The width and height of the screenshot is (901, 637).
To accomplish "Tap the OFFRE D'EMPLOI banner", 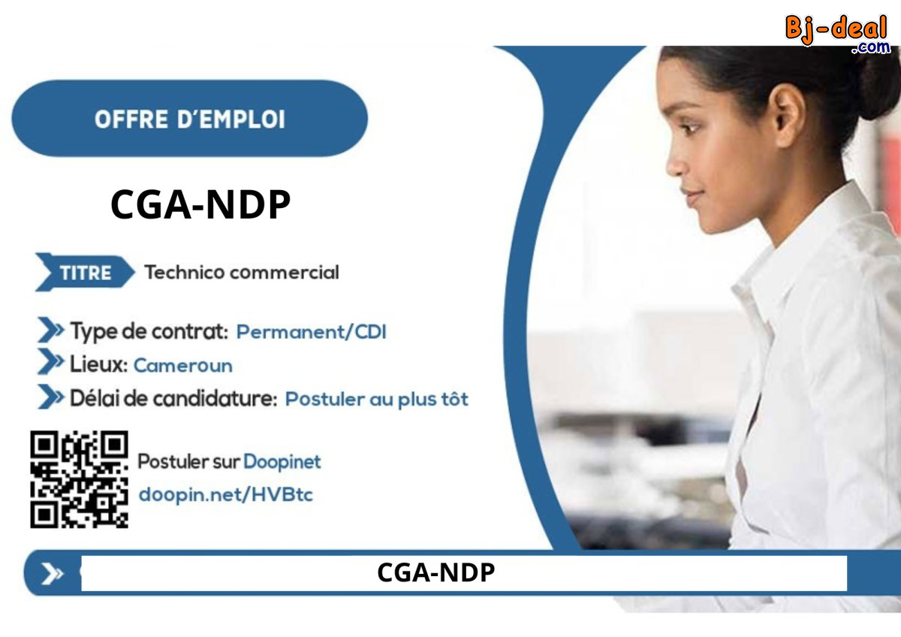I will pos(189,119).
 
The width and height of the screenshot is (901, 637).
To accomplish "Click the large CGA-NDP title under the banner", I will pos(200,204).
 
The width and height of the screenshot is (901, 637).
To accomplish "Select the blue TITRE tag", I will pos(84,273).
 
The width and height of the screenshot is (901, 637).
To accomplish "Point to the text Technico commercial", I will pos(241,272).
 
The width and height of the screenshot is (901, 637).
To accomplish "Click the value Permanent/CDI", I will pos(311,331).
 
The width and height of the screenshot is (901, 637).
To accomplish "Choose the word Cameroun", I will pos(183,366).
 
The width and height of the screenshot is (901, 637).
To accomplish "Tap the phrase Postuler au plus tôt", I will pos(376,399).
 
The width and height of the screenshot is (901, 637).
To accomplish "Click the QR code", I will pos(79,479).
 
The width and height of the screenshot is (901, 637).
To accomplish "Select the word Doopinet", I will pos(282,461).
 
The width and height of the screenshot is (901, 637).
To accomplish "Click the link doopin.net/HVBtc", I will pos(225,495).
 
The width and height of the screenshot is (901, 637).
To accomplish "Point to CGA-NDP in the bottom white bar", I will pos(435,573).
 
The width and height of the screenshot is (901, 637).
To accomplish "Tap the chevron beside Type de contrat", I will pos(50,330).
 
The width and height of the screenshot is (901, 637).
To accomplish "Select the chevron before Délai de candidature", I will pos(50,397).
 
